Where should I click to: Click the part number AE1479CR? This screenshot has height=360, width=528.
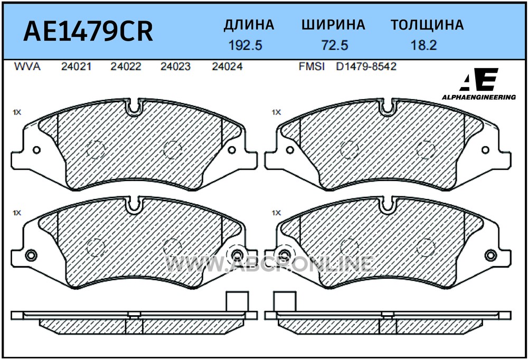tap(88, 31)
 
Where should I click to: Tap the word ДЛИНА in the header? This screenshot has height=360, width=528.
tap(249, 25)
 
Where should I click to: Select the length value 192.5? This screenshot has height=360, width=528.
tap(245, 45)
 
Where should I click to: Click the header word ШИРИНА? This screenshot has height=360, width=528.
tap(333, 25)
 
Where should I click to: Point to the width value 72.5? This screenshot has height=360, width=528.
tap(335, 45)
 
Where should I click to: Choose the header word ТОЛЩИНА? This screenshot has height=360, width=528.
tap(427, 25)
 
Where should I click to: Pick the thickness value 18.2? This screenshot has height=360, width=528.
tap(423, 45)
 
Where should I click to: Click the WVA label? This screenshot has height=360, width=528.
tap(27, 67)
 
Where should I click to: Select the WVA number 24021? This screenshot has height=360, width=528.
tap(76, 67)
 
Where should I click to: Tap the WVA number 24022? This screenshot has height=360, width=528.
tap(126, 67)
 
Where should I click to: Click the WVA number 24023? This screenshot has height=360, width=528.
tap(175, 67)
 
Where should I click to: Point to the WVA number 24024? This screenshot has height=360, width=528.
tap(227, 67)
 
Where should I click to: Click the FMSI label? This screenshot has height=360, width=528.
tap(312, 67)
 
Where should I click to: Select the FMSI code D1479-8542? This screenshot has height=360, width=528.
tap(366, 67)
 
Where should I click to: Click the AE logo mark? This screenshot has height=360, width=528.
tap(479, 80)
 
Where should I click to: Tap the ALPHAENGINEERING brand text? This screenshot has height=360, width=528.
tap(479, 97)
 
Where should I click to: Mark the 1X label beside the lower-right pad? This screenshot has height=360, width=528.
tap(276, 213)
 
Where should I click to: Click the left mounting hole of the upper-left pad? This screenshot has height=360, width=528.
tap(36, 150)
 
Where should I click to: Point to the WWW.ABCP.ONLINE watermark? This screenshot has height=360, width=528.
tap(269, 264)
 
